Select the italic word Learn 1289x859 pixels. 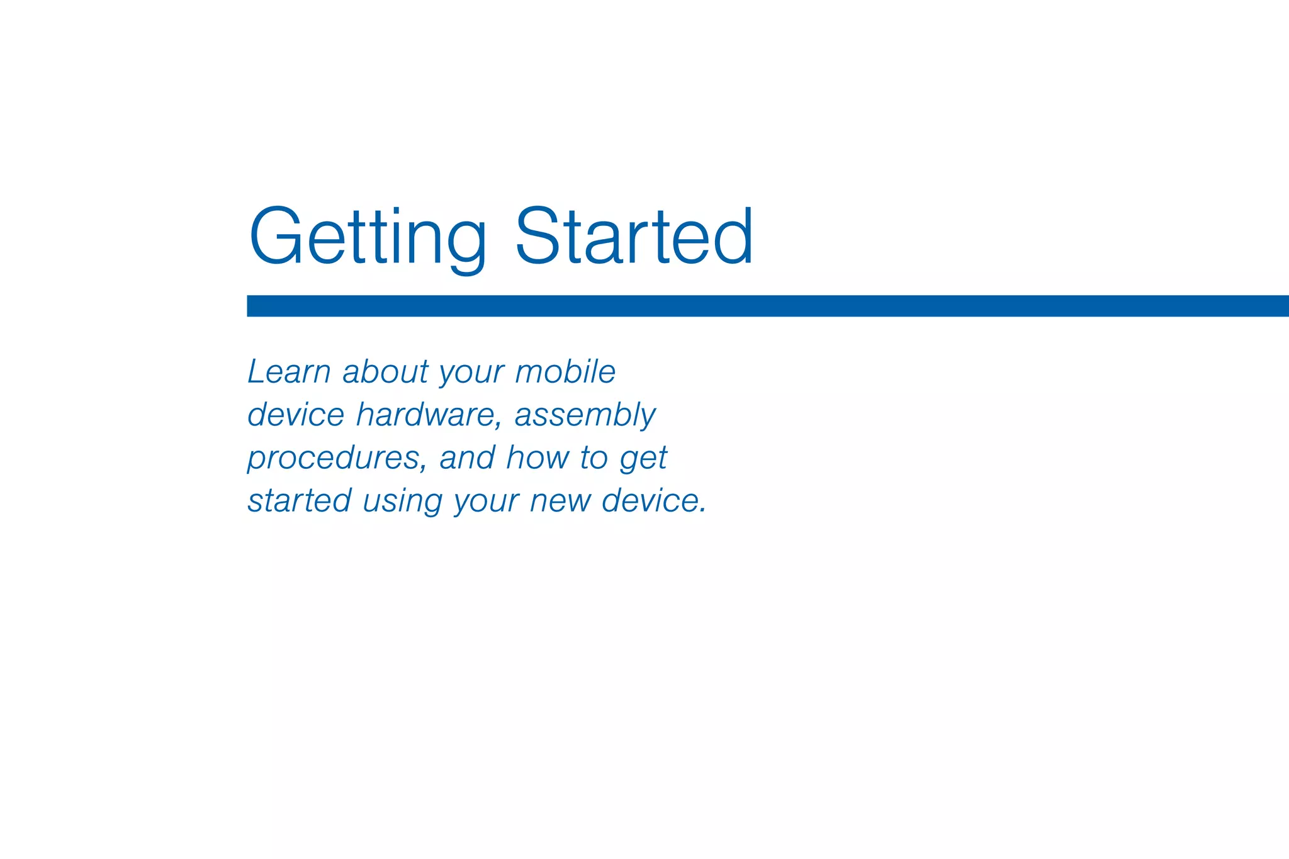(x=289, y=371)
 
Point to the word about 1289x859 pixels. (x=385, y=372)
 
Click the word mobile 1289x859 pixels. (x=565, y=371)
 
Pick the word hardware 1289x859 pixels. (x=425, y=415)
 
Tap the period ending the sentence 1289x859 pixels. (x=702, y=510)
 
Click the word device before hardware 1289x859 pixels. (x=296, y=415)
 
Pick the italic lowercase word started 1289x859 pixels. (x=299, y=501)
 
